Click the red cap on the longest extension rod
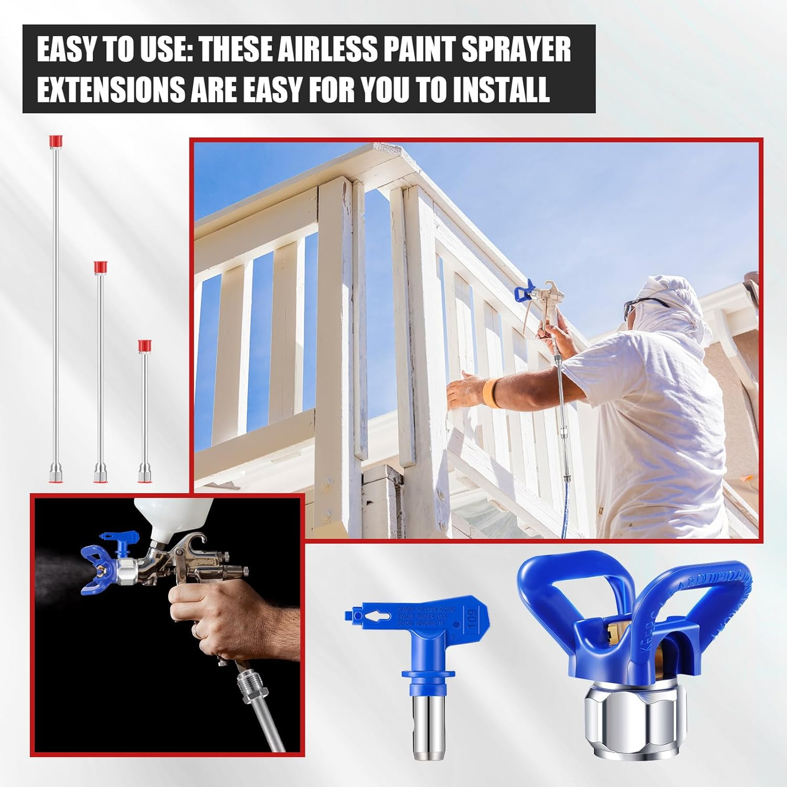coord(54,141)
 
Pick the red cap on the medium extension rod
coord(100,267)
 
